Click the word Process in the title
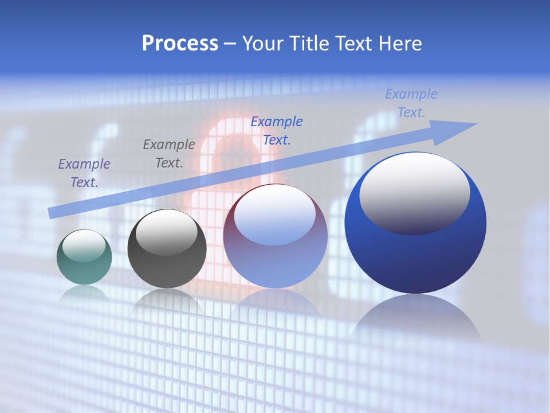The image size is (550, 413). [x=180, y=44]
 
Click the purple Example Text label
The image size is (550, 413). [x=84, y=173]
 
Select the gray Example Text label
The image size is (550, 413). [x=169, y=153]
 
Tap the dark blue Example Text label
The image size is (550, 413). [x=277, y=130]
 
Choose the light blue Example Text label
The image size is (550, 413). [x=411, y=103]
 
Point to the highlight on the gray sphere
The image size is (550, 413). [x=166, y=232]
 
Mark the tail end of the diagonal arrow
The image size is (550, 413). [x=52, y=213]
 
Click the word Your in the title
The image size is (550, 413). [x=262, y=44]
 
